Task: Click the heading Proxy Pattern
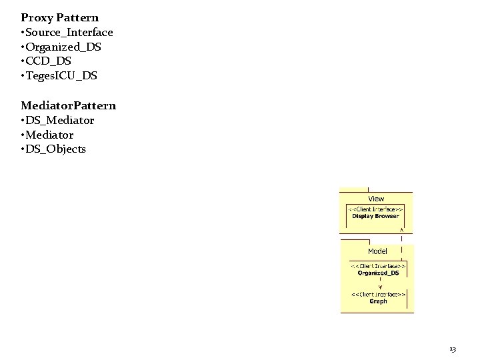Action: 59,17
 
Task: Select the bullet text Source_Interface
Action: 69,32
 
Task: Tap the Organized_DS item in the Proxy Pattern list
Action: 64,47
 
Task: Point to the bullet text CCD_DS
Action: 51,61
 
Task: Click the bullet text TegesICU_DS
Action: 61,76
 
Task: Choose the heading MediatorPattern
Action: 68,105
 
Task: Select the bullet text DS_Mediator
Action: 60,120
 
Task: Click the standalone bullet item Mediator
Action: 50,135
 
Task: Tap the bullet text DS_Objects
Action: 56,149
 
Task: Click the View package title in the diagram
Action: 376,199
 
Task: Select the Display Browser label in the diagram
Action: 376,216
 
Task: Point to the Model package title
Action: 377,251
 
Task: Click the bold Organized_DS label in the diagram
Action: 378,273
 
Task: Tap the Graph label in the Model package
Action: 378,301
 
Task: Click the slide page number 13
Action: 453,349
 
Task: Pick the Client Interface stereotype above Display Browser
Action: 376,209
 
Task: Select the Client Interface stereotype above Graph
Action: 378,294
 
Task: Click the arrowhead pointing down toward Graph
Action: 380,287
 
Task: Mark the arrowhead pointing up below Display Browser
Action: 401,229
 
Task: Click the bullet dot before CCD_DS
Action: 23,61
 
